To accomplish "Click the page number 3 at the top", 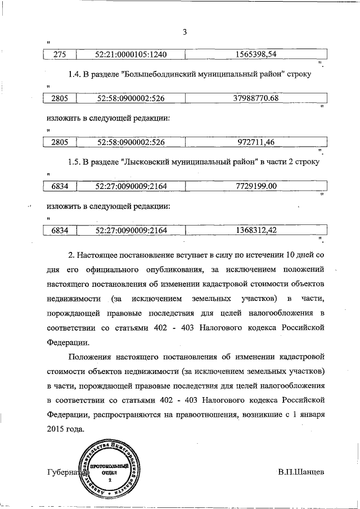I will coord(184,32).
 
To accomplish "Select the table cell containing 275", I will coord(60,55).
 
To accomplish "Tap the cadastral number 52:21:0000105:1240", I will coord(132,55).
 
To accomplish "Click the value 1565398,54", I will coord(255,55).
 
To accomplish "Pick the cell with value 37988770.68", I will coord(255,98).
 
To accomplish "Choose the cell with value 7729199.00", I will coord(255,186).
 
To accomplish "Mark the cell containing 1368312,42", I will coord(255,230).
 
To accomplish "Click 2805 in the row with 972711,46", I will coord(60,142).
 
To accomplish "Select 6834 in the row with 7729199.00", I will coord(60,186).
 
